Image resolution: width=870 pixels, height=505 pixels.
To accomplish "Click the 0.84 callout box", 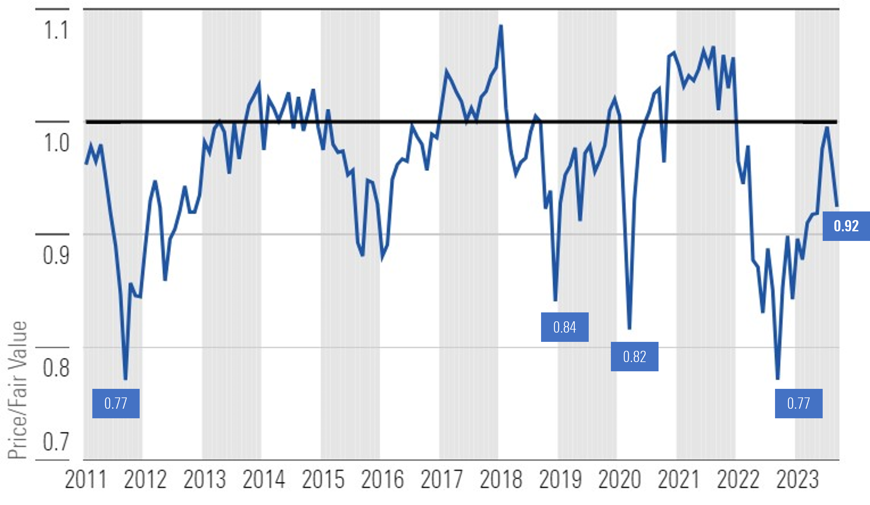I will click(x=565, y=327).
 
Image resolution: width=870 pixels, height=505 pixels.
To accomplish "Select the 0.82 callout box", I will click(x=634, y=356).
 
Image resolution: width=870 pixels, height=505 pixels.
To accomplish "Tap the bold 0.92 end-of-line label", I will click(x=846, y=226).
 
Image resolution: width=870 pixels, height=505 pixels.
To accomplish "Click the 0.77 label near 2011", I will click(x=115, y=403).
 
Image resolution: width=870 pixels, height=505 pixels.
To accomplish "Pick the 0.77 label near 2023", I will click(x=798, y=403).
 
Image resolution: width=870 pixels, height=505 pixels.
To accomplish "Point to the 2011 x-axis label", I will click(x=86, y=480).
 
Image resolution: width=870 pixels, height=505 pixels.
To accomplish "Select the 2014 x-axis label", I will click(x=263, y=480).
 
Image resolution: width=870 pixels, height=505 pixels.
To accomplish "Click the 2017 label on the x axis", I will click(x=441, y=480).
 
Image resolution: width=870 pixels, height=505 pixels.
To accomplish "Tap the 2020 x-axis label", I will click(x=619, y=480).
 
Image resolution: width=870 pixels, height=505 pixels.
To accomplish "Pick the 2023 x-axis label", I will click(x=797, y=480).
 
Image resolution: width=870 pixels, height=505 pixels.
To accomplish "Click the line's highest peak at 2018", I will click(x=501, y=25).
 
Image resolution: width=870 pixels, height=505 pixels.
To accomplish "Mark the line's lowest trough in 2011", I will click(x=125, y=379).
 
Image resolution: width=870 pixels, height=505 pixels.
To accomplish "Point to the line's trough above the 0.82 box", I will click(x=629, y=328).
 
